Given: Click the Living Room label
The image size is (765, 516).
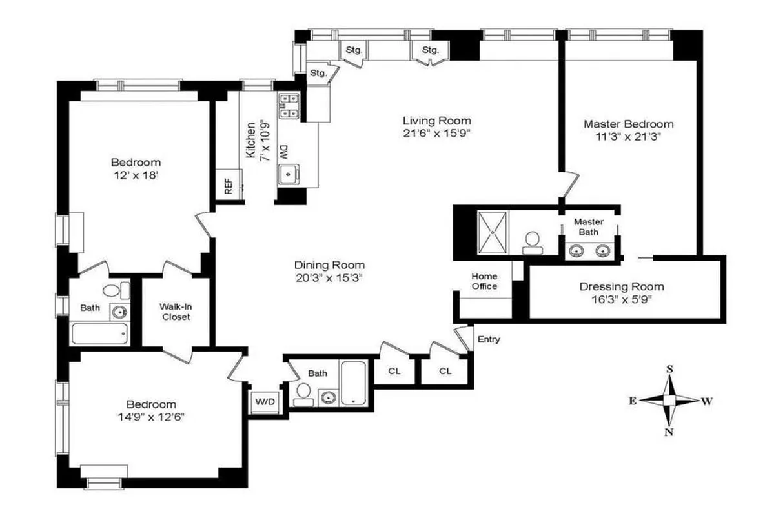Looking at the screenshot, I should pyautogui.click(x=436, y=121).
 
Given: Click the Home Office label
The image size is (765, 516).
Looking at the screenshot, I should pyautogui.click(x=484, y=281).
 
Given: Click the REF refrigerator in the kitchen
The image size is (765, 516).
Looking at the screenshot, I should pyautogui.click(x=229, y=186).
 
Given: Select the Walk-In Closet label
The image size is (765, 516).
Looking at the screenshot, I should pyautogui.click(x=176, y=312).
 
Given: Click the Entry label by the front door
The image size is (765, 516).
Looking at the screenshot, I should pyautogui.click(x=487, y=340).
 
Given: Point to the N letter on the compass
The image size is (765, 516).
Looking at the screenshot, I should pyautogui.click(x=669, y=432).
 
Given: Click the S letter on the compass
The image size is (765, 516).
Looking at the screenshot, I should pyautogui.click(x=670, y=369).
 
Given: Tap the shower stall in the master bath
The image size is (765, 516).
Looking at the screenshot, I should pyautogui.click(x=494, y=229).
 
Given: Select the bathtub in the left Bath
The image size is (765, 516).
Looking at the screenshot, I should pyautogui.click(x=99, y=334).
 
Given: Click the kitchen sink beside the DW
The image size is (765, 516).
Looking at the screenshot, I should pyautogui.click(x=288, y=175).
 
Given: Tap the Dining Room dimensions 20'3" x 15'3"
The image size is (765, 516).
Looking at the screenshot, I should pyautogui.click(x=329, y=277).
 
